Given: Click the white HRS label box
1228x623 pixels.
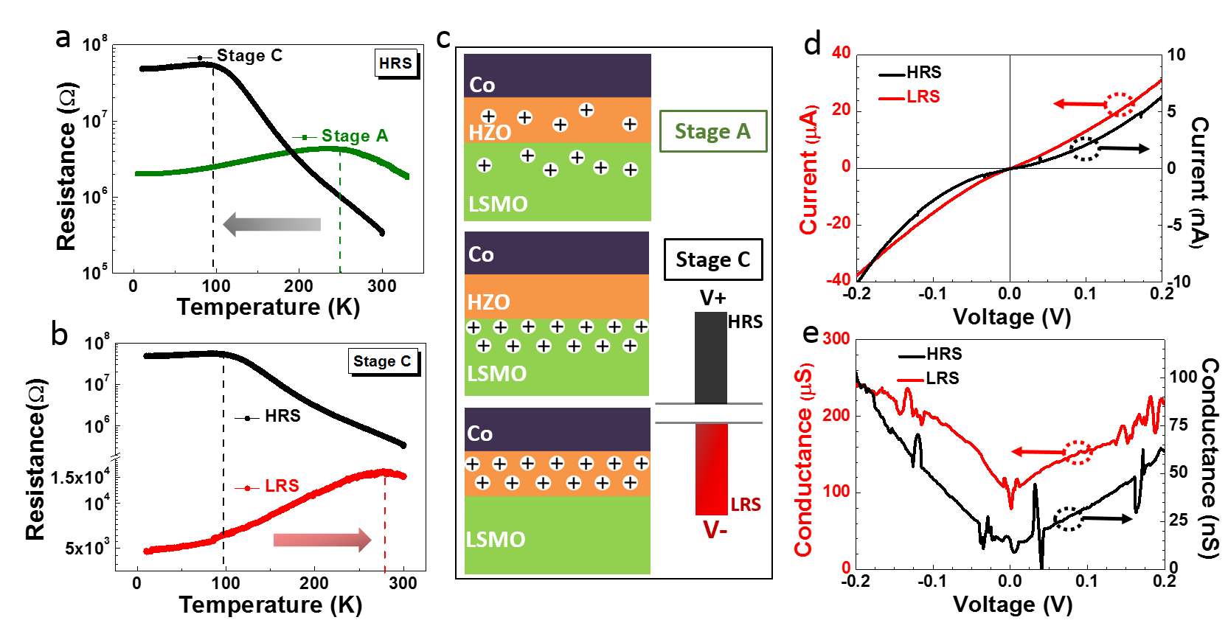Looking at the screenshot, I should click(x=396, y=63).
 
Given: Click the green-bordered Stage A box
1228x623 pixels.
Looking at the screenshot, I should click(x=712, y=131).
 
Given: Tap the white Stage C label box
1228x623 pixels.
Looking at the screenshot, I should click(x=382, y=361).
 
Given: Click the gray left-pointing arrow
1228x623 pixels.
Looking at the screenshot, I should click(x=272, y=224).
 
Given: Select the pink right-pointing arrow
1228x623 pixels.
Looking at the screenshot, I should click(x=322, y=540).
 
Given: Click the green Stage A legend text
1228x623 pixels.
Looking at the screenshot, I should click(x=354, y=136).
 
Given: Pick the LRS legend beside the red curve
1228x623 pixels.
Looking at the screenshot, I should click(x=282, y=486).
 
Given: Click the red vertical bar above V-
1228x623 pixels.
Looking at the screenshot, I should click(x=712, y=469).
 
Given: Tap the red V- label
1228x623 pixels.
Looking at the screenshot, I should click(x=715, y=529).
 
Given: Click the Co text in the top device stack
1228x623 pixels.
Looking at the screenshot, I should click(x=482, y=85).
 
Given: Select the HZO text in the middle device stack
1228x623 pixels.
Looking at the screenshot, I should click(x=488, y=302).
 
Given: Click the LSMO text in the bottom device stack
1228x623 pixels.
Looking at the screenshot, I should click(x=496, y=540).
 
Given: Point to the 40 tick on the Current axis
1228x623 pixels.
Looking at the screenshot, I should click(x=841, y=52).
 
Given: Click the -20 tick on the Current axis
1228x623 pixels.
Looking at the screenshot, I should click(x=839, y=223).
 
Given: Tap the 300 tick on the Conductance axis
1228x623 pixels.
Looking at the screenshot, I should click(x=836, y=338).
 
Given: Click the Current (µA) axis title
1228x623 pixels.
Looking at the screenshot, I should click(x=809, y=170).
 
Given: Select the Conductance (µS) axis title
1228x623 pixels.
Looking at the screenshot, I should click(x=803, y=460).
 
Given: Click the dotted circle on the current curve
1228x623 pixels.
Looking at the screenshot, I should click(x=1120, y=105).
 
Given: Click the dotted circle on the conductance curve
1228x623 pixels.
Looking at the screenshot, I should click(x=1078, y=452).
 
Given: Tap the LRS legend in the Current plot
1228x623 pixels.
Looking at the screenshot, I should click(x=923, y=97).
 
